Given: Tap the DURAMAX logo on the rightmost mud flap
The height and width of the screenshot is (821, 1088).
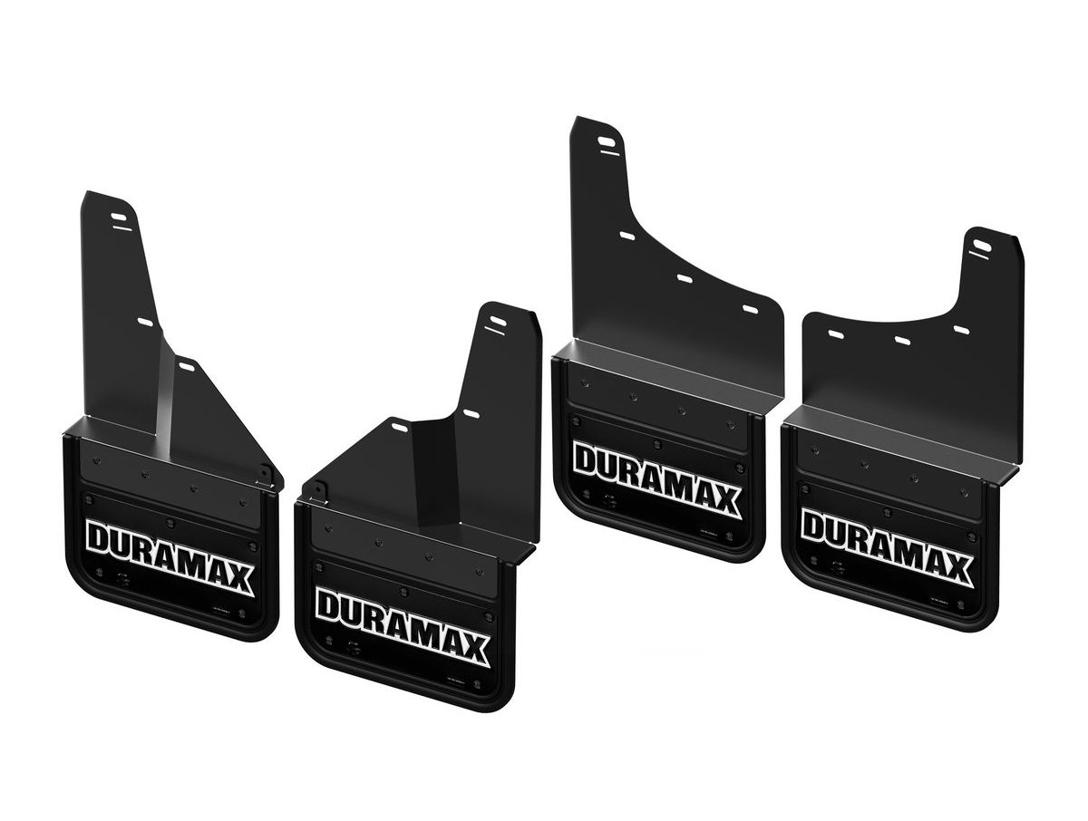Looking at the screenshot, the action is [886, 546].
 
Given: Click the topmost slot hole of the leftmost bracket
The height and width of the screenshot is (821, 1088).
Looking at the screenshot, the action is [120, 217].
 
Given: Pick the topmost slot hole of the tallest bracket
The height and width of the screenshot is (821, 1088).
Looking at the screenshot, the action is [607, 141].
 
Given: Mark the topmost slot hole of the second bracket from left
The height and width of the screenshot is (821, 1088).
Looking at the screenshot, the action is [496, 322].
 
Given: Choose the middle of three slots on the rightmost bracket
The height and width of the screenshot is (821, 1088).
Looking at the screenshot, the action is [901, 340].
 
